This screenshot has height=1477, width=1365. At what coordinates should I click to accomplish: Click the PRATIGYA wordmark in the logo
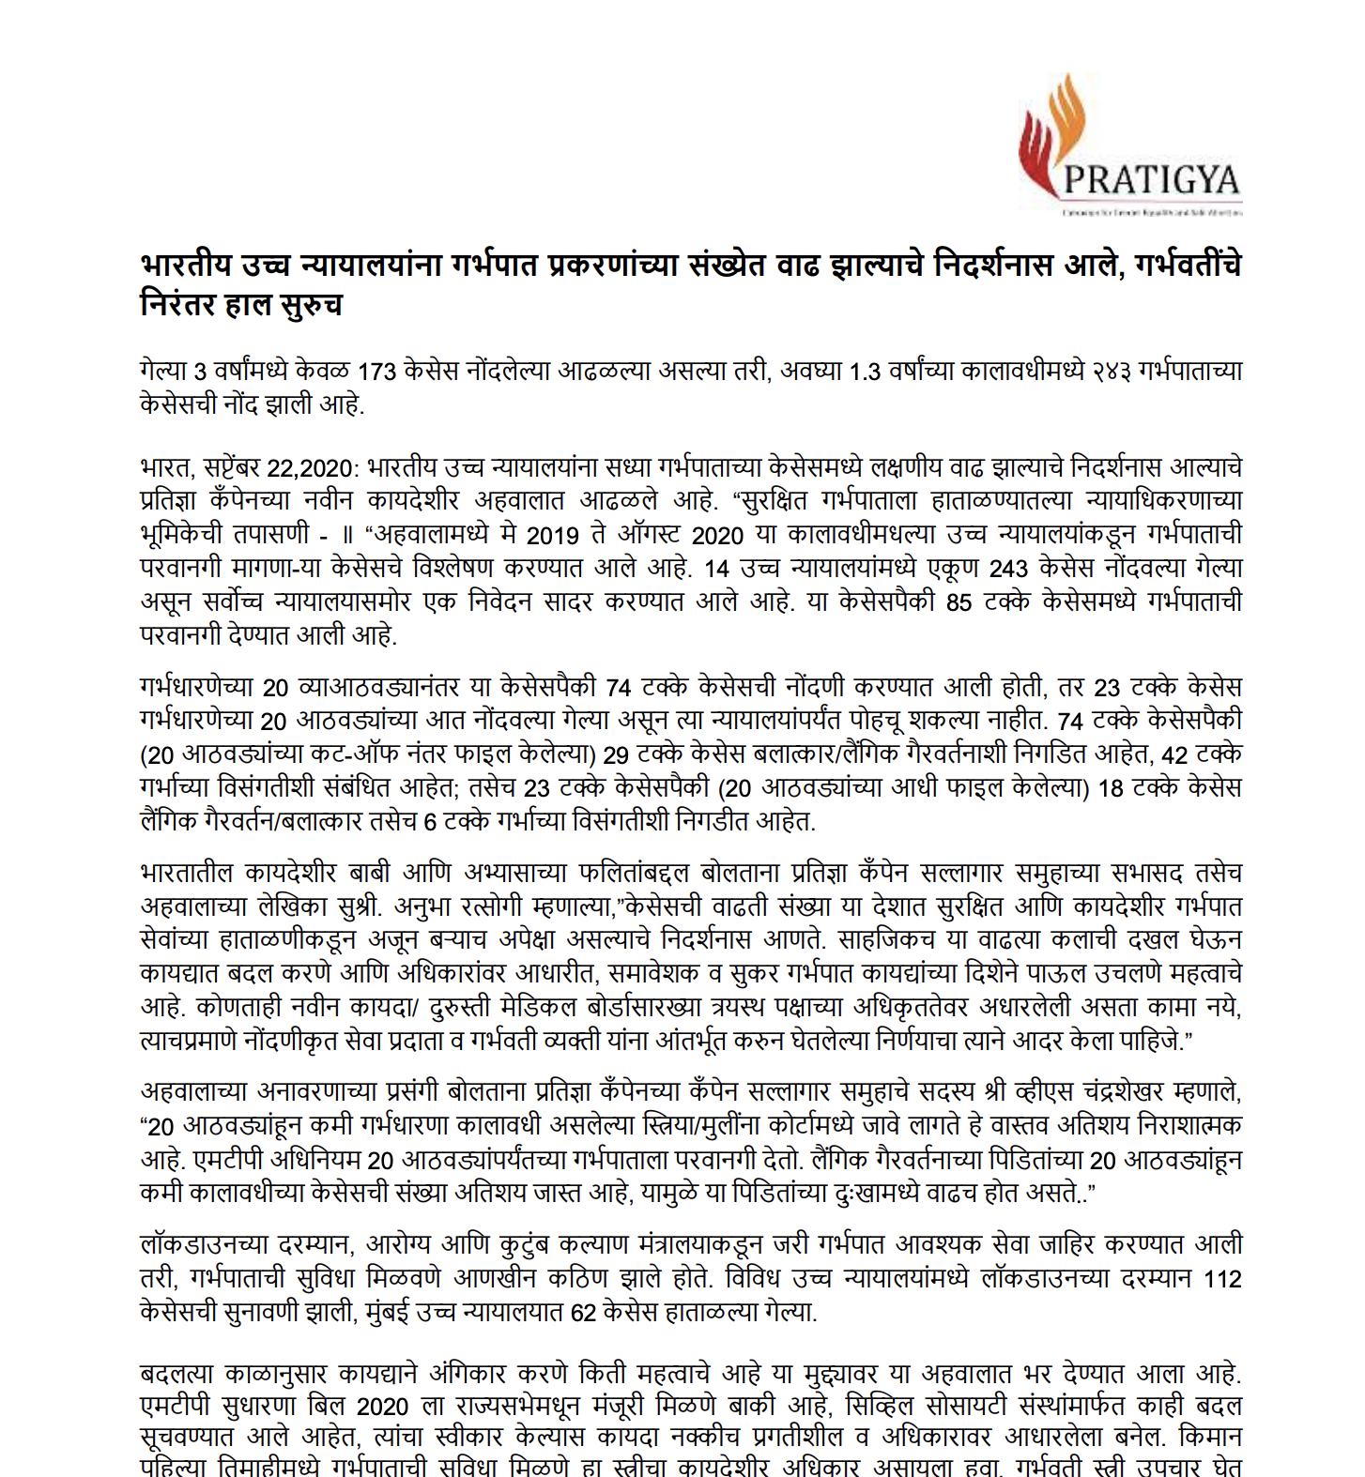(1151, 179)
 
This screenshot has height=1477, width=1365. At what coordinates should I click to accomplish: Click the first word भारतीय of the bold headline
(185, 266)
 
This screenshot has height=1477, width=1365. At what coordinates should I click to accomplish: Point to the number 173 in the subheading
(377, 372)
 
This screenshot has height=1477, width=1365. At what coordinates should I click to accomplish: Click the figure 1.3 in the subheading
(864, 372)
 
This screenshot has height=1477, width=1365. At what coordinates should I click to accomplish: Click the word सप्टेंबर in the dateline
(230, 467)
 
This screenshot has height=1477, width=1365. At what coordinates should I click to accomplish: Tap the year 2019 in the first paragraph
(553, 535)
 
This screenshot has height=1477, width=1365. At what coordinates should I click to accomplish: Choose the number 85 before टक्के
(959, 602)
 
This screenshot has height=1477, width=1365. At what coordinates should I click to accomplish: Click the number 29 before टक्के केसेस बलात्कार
(616, 754)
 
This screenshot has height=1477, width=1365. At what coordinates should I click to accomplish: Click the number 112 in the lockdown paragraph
(1222, 1279)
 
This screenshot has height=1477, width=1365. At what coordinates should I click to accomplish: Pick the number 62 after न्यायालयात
(583, 1313)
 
